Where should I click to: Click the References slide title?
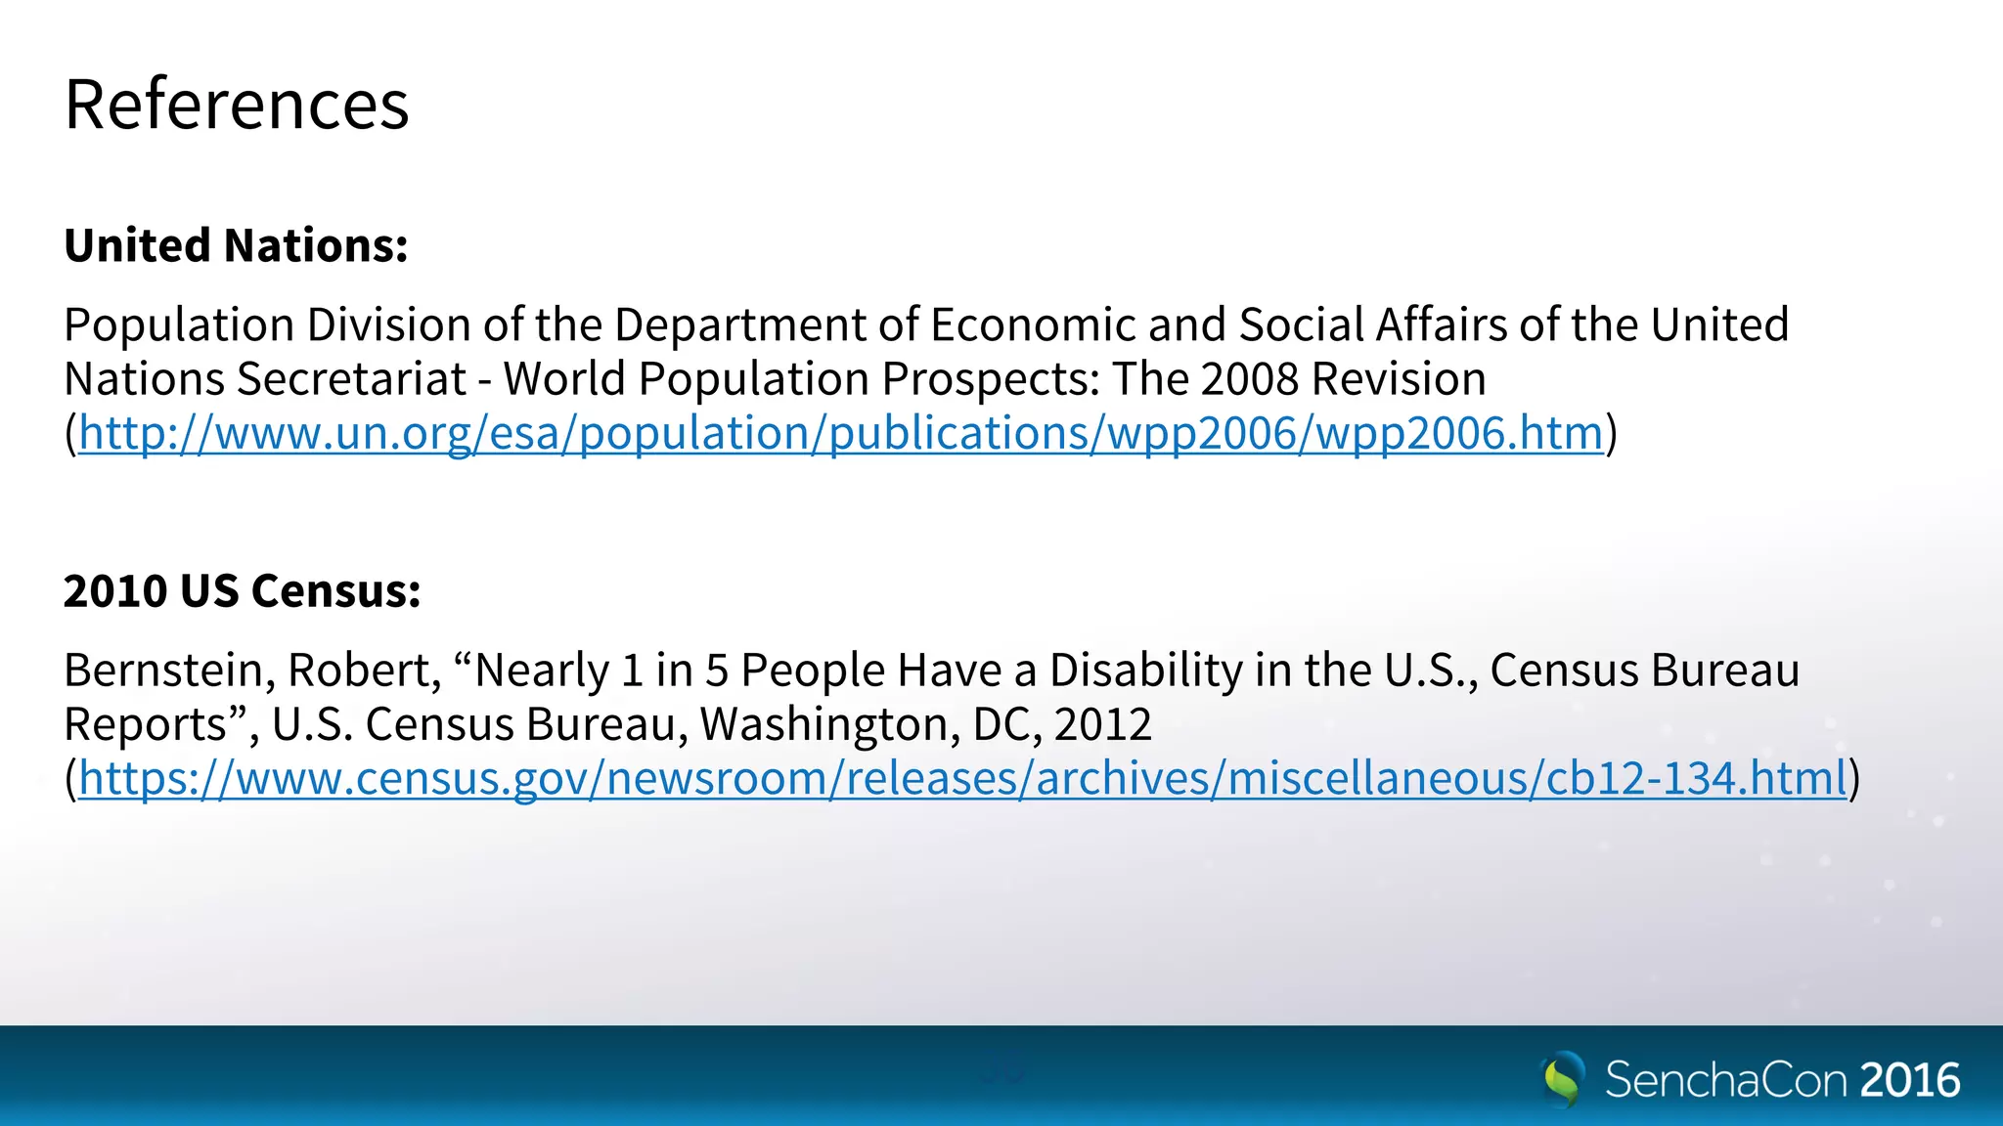(x=237, y=105)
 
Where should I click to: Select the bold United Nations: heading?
(x=236, y=245)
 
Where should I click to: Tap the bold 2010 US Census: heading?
(x=242, y=591)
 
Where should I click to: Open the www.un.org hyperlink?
(x=841, y=433)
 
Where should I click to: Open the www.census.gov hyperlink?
(x=962, y=779)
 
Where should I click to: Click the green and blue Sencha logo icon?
(x=1562, y=1079)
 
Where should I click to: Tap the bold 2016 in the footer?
(x=1910, y=1080)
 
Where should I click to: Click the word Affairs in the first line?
(x=1442, y=325)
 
